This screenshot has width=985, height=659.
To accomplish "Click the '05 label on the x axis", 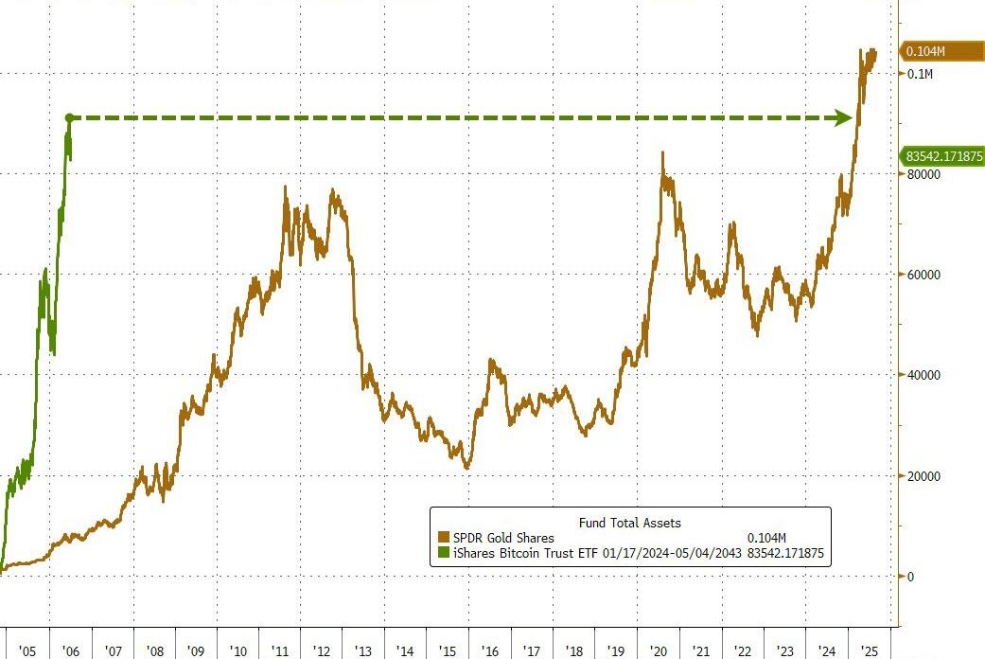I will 27,651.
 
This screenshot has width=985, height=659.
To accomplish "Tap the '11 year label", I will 281,651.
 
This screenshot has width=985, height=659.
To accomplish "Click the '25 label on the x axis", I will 868,651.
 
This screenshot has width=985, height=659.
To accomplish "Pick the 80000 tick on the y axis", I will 923,174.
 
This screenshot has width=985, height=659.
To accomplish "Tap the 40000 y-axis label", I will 923,375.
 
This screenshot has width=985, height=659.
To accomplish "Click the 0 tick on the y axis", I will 910,577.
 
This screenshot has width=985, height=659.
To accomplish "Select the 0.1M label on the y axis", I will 920,74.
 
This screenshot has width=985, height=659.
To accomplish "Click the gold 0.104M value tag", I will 940,51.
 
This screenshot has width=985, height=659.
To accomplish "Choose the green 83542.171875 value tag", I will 942,155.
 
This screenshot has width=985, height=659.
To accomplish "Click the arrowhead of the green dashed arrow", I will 842,118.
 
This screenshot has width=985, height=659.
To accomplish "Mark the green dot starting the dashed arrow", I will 69,118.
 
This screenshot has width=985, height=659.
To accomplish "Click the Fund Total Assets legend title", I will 629,522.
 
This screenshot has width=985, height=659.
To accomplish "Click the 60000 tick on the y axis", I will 923,275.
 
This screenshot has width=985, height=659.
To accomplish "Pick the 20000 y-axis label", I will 923,476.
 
